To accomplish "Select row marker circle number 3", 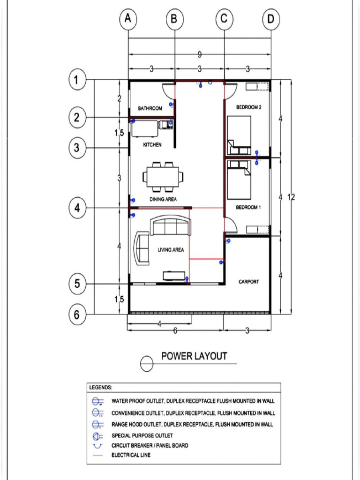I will pos(77,148).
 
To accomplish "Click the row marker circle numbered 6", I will pos(77,315).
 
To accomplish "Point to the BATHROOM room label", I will pos(150,108).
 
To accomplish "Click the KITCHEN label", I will pos(152,145).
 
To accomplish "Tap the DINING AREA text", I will pos(163,200).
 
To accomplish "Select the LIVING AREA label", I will pos(171,250).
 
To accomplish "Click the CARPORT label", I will pos(248,282).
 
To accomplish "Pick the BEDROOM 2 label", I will pos(248,107).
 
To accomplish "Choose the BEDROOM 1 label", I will pos(248,207).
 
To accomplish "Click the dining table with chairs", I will pos(163,177).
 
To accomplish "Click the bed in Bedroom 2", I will pos(239,135).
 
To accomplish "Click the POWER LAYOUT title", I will pos(194,356).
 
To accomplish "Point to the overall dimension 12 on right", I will pos(291,197).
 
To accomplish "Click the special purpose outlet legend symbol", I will pos(97,435).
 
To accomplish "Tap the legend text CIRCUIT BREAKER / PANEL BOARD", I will pos(150,445).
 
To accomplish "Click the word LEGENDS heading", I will pos(100,388).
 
